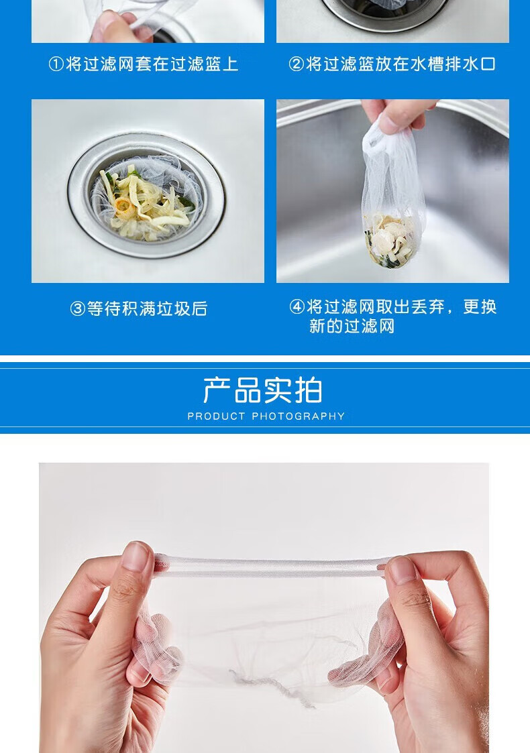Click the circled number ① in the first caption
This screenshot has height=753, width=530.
[x=56, y=64]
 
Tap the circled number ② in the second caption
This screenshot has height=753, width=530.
[x=296, y=64]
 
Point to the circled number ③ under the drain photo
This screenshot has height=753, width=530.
[x=77, y=309]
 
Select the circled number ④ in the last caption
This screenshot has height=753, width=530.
[x=297, y=307]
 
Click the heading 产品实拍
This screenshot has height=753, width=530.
[x=263, y=390]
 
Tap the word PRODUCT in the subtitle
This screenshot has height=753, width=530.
[x=216, y=416]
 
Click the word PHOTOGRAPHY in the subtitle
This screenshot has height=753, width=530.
[x=299, y=416]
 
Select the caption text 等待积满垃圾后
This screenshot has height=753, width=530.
[x=147, y=309]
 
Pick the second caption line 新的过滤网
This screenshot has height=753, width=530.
[x=352, y=326]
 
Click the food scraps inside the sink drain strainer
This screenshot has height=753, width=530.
[x=146, y=202]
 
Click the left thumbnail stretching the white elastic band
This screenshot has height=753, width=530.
[x=136, y=557]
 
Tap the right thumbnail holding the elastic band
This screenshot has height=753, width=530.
[x=402, y=570]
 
